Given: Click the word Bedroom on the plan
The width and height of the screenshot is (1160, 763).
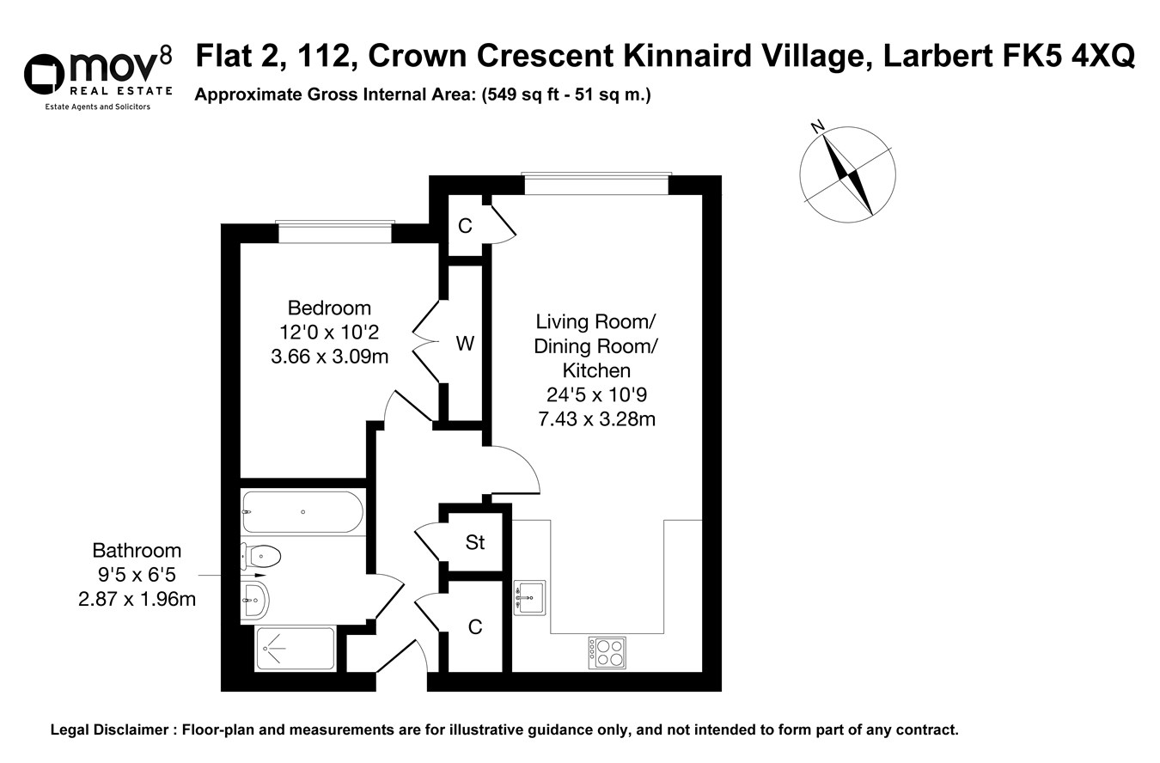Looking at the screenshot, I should pyautogui.click(x=329, y=308).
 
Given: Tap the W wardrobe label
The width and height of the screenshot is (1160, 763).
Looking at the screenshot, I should pyautogui.click(x=465, y=344).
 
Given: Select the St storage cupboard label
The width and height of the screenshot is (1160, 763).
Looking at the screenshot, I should pyautogui.click(x=475, y=542).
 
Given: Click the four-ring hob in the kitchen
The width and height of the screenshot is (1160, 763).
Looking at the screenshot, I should pyautogui.click(x=607, y=652).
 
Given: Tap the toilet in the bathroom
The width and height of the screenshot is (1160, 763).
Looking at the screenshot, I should pyautogui.click(x=262, y=557).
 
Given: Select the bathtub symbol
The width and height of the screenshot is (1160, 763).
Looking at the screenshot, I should pyautogui.click(x=302, y=512).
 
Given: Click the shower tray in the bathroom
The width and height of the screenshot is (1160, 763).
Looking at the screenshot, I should pyautogui.click(x=295, y=650).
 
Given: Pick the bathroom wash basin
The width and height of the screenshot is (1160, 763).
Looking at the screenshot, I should pyautogui.click(x=256, y=599).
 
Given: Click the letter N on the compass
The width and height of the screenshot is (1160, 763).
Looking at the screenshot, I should pyautogui.click(x=818, y=127).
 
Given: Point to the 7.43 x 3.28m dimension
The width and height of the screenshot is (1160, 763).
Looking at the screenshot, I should pyautogui.click(x=595, y=419).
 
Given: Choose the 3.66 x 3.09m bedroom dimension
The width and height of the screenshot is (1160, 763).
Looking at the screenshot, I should pyautogui.click(x=329, y=356).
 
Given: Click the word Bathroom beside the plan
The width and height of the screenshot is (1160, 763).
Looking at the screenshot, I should pyautogui.click(x=137, y=551).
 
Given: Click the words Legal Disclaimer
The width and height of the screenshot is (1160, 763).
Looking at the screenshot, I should pyautogui.click(x=109, y=730).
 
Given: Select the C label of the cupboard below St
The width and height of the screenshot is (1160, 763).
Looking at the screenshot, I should pyautogui.click(x=475, y=627).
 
